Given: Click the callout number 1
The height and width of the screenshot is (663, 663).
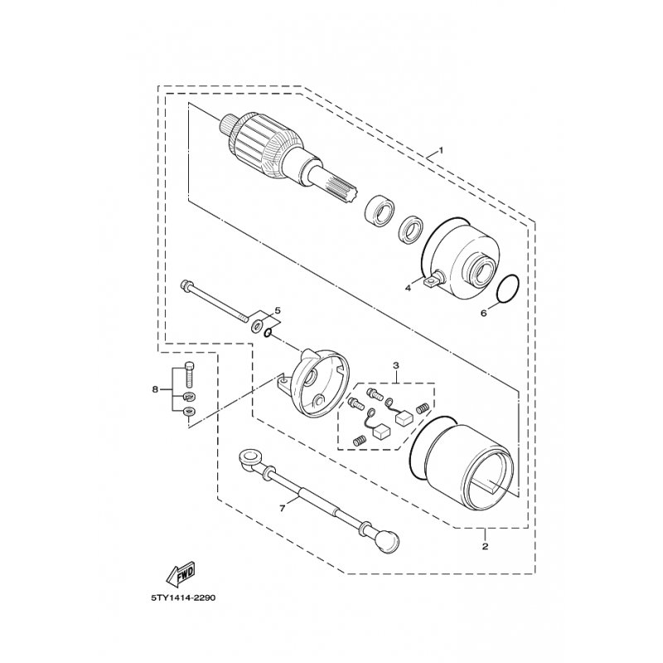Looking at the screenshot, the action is click(x=441, y=150).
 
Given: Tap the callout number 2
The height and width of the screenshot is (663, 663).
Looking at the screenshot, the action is click(x=485, y=546).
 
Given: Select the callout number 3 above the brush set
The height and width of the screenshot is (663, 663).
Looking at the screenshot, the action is click(x=396, y=365).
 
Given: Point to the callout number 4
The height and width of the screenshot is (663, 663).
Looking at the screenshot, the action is click(x=408, y=288).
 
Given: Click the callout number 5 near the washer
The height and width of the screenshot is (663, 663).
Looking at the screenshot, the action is click(x=278, y=311).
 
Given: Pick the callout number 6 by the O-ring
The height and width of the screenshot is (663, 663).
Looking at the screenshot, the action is click(x=484, y=313).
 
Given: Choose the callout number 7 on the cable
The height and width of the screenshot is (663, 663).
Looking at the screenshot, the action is click(x=283, y=508).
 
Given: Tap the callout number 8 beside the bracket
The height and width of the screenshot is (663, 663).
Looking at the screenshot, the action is click(x=155, y=390).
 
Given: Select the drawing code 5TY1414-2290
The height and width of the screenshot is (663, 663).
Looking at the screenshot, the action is click(x=183, y=598).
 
